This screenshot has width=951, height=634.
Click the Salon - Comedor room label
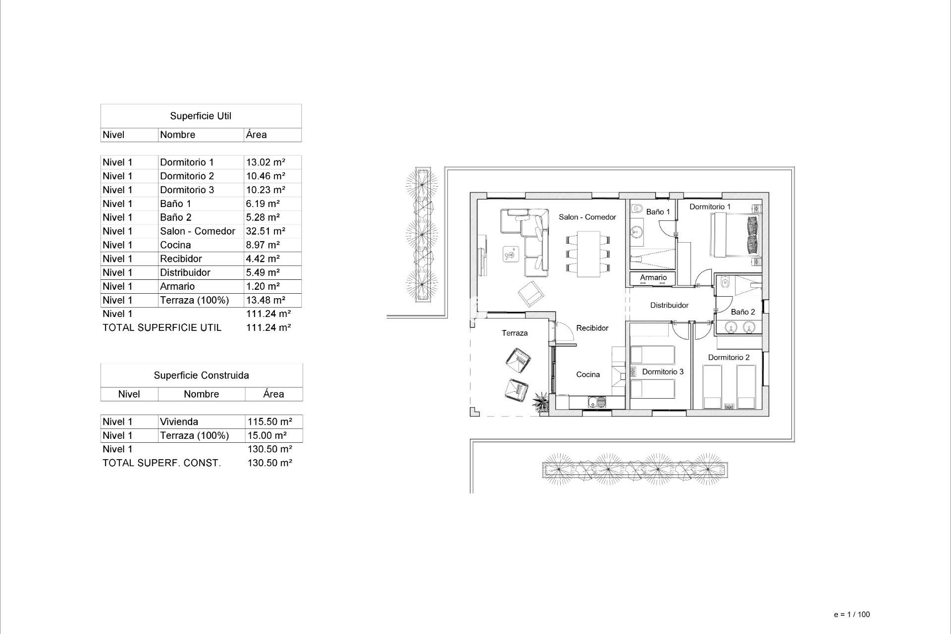point(587,217)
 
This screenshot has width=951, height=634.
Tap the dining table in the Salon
point(588,254)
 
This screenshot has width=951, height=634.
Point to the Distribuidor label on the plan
point(669,305)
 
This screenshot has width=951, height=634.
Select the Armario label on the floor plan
point(653,277)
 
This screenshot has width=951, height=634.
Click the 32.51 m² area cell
point(265,231)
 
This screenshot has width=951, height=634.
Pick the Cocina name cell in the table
point(175,245)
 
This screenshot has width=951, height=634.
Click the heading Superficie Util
point(201,116)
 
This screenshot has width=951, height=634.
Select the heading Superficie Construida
point(201,375)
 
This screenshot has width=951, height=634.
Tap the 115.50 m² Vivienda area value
point(269,422)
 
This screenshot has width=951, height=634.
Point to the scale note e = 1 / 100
point(851,614)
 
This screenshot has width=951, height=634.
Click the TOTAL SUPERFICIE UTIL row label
point(161,327)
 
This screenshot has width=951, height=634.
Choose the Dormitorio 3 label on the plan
point(663,371)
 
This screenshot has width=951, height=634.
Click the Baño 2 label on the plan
point(742,312)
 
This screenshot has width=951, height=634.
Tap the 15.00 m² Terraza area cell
point(267,436)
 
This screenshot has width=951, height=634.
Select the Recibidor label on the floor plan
point(592,328)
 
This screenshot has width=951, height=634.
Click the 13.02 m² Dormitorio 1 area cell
point(265,162)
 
